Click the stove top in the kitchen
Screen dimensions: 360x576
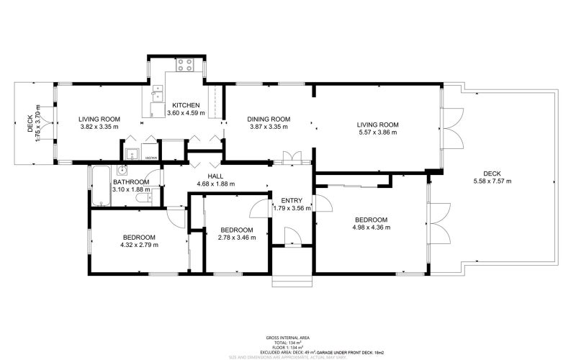[x=184, y=64]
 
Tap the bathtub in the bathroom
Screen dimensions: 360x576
[x=99, y=186]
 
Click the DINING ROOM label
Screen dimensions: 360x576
[x=269, y=119]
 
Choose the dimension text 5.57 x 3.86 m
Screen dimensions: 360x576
[x=378, y=132]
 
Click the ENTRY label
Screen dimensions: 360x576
[x=292, y=200]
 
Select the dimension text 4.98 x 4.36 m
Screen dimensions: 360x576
[x=371, y=228]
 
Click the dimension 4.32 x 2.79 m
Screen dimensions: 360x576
[x=139, y=245]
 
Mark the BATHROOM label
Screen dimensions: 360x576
[x=131, y=182]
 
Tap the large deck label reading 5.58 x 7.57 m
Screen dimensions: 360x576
[x=492, y=181]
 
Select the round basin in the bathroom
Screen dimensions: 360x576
[x=122, y=171]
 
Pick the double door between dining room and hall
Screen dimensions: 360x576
[x=292, y=158]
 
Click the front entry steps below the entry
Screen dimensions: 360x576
[x=292, y=279]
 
